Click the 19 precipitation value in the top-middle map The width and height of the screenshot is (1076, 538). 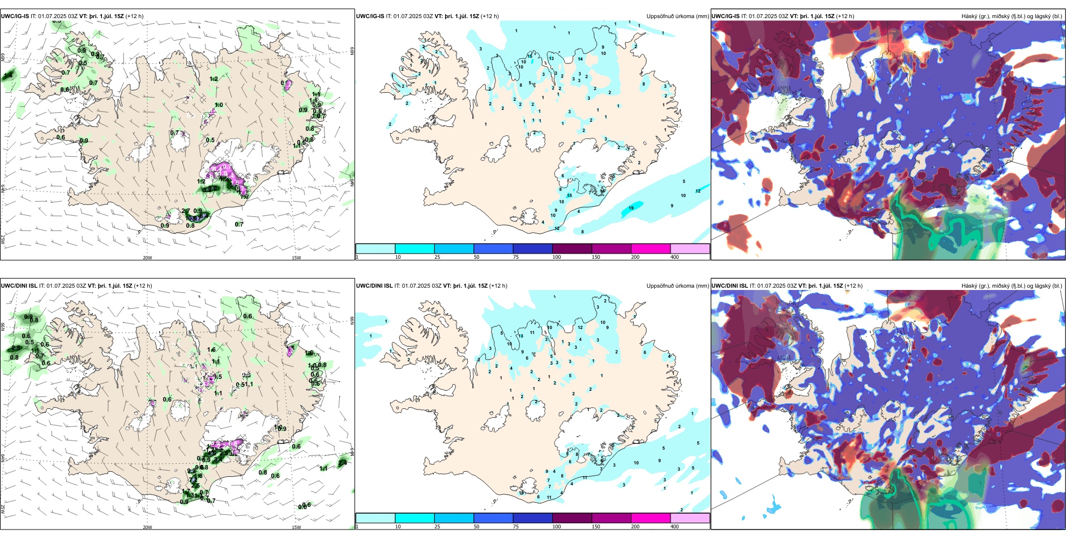coord(631,208)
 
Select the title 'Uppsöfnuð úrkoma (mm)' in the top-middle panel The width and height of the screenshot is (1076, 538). coord(677,16)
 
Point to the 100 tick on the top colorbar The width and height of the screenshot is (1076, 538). coord(557,257)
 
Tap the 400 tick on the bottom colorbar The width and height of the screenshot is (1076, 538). coord(674,527)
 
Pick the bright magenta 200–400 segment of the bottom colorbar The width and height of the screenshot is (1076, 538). coord(651,518)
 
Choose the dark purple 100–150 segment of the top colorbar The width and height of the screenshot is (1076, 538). coord(572,249)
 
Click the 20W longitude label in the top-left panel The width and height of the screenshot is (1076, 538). coord(147,258)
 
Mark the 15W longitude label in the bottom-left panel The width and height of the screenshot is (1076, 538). coord(296,527)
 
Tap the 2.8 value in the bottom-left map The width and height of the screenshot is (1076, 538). coord(15,349)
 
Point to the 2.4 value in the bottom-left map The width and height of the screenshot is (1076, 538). coord(343,463)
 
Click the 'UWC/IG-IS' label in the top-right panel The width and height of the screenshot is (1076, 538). coord(725,16)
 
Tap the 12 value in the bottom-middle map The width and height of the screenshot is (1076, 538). coord(580,328)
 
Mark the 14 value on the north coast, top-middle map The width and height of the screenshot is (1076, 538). coord(580,59)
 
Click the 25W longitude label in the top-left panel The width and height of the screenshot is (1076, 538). coord(3,240)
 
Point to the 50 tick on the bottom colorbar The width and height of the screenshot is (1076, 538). coord(476,527)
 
